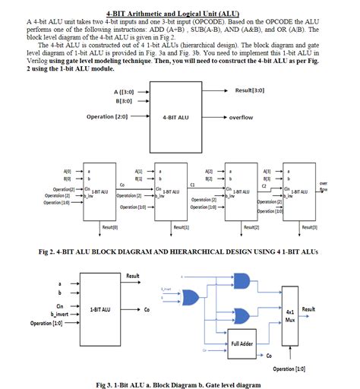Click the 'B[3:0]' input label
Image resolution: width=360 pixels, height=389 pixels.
point(124,100)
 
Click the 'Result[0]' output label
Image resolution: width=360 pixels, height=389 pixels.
point(109,226)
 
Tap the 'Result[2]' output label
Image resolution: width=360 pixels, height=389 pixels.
point(251,226)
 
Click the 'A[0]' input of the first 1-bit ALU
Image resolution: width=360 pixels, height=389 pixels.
point(68,172)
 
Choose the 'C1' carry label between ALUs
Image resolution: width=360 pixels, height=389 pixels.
point(193,184)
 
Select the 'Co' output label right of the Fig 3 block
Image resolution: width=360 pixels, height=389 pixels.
point(146,310)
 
